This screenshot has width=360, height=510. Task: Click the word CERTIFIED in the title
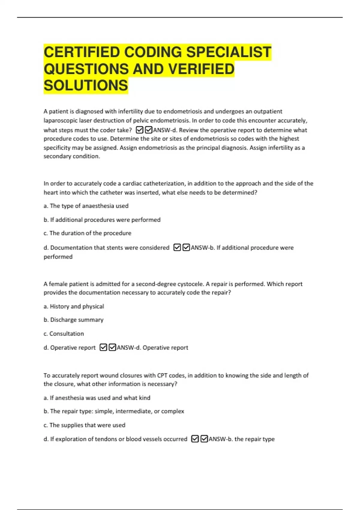tap(82, 52)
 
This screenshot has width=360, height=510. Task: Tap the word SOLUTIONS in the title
tap(86, 85)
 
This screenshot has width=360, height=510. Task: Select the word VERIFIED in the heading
tap(201, 69)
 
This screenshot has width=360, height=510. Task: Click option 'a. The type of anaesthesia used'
tap(86, 206)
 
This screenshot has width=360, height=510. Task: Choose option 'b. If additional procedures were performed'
tap(102, 220)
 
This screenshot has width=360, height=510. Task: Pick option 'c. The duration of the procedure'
tap(87, 233)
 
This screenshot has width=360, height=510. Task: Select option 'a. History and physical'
tap(74, 307)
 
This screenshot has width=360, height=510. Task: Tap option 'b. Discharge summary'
tap(73, 320)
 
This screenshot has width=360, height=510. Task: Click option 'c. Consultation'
tap(64, 334)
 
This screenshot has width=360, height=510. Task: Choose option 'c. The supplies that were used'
tap(84, 425)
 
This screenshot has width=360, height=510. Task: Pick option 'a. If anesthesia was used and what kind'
tap(97, 398)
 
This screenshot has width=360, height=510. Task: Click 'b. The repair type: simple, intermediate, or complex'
tap(114, 411)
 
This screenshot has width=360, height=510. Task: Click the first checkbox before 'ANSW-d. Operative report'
tap(103, 347)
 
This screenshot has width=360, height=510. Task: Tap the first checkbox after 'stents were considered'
tap(177, 247)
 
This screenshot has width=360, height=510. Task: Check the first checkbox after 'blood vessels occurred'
tap(195, 439)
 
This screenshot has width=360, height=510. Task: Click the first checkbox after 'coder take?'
tap(139, 130)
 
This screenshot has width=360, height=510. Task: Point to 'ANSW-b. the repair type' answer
tap(241, 439)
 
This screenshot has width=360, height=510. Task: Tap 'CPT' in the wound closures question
tap(162, 376)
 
